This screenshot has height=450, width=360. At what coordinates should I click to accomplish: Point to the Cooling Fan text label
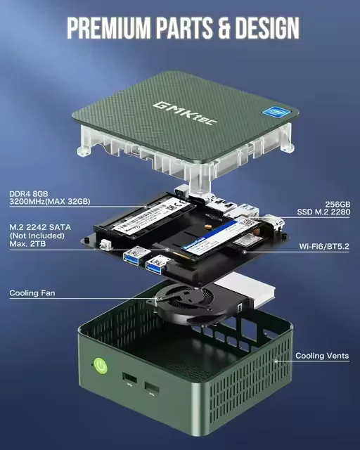tap(32, 292)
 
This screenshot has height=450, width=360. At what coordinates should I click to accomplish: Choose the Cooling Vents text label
tap(321, 356)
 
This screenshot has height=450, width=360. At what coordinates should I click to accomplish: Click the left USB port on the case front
tap(129, 379)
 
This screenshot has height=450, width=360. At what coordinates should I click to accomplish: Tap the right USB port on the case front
tap(152, 387)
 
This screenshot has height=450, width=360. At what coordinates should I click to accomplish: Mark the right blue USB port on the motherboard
tap(157, 265)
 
